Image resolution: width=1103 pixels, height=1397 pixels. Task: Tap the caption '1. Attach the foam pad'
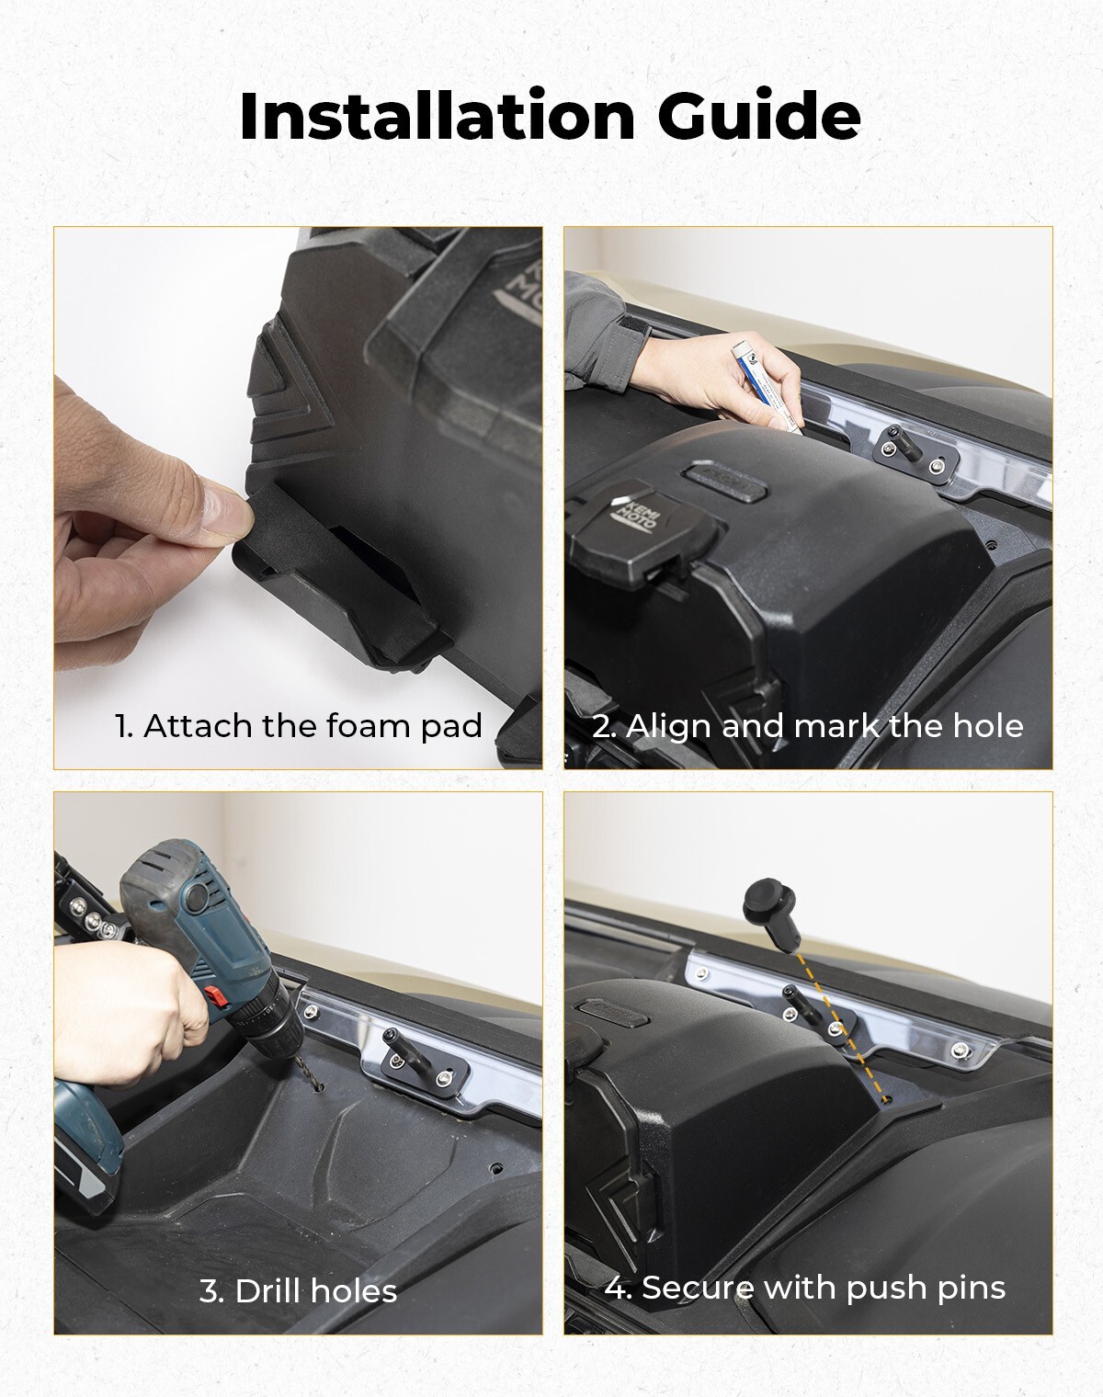click(299, 726)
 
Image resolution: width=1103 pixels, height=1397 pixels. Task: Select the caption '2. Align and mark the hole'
click(807, 726)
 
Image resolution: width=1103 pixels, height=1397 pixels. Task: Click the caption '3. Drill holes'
click(299, 1291)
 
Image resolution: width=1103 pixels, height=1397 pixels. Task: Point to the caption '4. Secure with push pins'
click(804, 1287)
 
